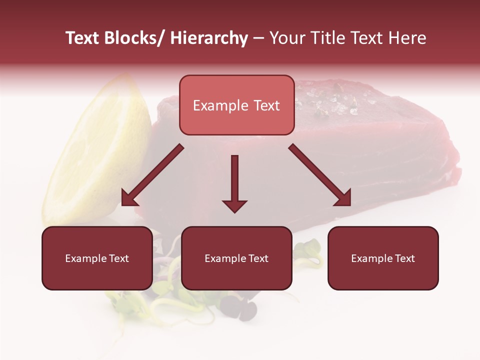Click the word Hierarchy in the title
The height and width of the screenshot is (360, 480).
coord(209,38)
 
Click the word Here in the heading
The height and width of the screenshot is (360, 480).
coord(407,38)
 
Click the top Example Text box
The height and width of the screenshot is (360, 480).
coord(236,105)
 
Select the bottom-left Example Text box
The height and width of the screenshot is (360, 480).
coord(97,258)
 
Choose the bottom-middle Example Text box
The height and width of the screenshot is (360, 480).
coord(236,258)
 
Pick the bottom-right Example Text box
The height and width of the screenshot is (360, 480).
coord(383,258)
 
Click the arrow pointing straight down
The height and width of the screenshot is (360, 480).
coord(234,182)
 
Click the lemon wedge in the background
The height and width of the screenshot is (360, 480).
coord(100,155)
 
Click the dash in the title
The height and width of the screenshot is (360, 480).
coord(258,38)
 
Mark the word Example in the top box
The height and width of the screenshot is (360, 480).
coord(220,105)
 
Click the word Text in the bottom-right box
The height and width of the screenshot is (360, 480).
coord(404,258)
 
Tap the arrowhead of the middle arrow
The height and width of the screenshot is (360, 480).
coord(234,205)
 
